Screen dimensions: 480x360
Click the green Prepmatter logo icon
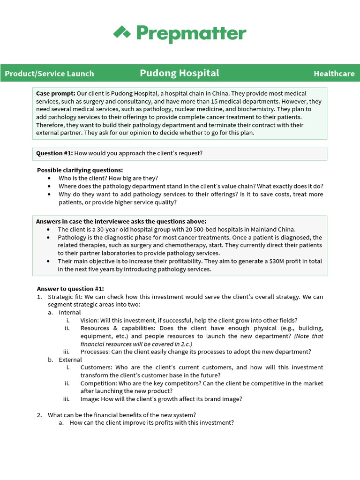click(x=122, y=32)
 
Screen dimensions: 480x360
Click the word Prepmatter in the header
click(x=191, y=33)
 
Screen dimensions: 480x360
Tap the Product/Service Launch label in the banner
click(x=49, y=74)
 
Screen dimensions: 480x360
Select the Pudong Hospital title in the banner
click(x=180, y=73)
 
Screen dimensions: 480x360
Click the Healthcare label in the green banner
click(x=334, y=74)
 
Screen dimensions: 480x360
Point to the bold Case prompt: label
click(x=55, y=94)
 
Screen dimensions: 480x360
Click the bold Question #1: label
click(x=54, y=153)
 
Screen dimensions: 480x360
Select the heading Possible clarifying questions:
click(x=80, y=170)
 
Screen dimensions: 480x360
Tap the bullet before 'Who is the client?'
click(x=50, y=178)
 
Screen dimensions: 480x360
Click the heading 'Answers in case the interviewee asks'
click(x=121, y=221)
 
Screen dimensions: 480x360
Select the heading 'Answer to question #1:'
click(x=70, y=289)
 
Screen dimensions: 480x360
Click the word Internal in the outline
click(x=70, y=312)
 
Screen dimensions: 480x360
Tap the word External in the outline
click(x=70, y=360)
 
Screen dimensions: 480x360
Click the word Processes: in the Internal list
click(x=95, y=352)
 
